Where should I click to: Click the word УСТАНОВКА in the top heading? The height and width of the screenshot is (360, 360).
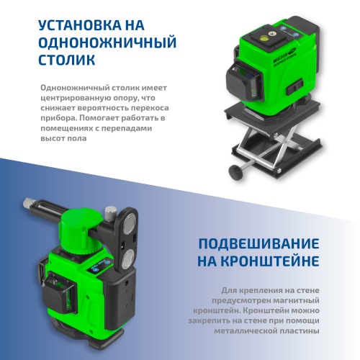pyautogui.click(x=80, y=25)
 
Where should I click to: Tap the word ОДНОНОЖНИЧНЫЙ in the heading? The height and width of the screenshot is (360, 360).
pyautogui.click(x=107, y=42)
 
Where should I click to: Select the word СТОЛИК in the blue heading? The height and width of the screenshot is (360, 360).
pyautogui.click(x=67, y=60)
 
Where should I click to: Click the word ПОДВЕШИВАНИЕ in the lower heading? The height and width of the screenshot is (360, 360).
pyautogui.click(x=259, y=243)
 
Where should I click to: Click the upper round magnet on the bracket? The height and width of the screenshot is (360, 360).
pyautogui.click(x=130, y=223)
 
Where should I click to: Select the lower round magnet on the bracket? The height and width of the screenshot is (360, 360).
pyautogui.click(x=127, y=259)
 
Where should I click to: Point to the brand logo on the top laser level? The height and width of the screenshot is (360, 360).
pyautogui.click(x=285, y=55)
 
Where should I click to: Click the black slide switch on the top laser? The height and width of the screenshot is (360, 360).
pyautogui.click(x=294, y=87)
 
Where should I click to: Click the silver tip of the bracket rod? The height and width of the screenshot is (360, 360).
pyautogui.click(x=28, y=204)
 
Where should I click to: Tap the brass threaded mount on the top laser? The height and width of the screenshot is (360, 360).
pyautogui.click(x=272, y=34)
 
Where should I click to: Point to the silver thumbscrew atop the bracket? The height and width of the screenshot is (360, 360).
pyautogui.click(x=110, y=213)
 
